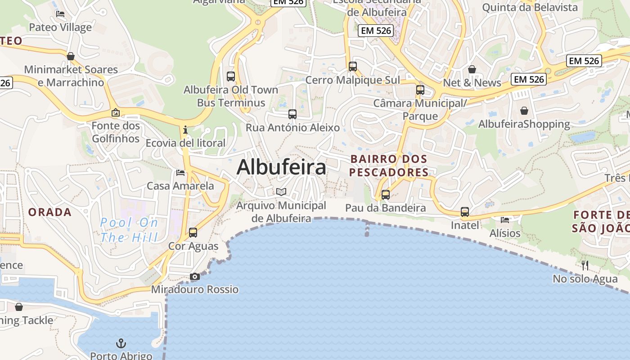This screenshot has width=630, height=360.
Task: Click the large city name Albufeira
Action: (281, 167)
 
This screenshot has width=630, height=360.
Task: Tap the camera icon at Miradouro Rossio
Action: (195, 276)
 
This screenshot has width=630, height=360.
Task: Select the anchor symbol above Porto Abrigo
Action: (121, 344)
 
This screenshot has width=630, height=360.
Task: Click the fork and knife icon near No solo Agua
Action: (585, 265)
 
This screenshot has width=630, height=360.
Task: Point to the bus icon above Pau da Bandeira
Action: (386, 195)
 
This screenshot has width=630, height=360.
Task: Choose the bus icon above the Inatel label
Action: (465, 212)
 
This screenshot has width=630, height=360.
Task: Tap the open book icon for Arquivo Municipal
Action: (281, 192)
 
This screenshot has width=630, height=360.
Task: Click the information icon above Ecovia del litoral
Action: (185, 130)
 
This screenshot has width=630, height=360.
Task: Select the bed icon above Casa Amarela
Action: (180, 172)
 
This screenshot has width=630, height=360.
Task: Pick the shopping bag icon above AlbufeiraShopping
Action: (524, 111)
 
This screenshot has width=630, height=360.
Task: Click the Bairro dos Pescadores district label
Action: (389, 166)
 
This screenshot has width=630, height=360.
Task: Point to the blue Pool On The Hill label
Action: (130, 230)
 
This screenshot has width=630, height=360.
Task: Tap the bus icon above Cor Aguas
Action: (193, 233)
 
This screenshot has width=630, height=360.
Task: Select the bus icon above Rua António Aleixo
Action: (292, 114)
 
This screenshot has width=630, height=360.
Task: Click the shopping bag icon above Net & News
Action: (472, 69)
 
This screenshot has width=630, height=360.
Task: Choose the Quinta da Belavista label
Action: (530, 7)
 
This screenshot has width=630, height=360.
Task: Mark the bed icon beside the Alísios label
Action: (505, 220)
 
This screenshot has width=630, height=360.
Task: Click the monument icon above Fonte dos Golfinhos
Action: (116, 112)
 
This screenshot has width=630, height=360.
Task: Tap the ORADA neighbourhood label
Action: (50, 212)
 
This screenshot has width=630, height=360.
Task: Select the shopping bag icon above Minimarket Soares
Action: (71, 56)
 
